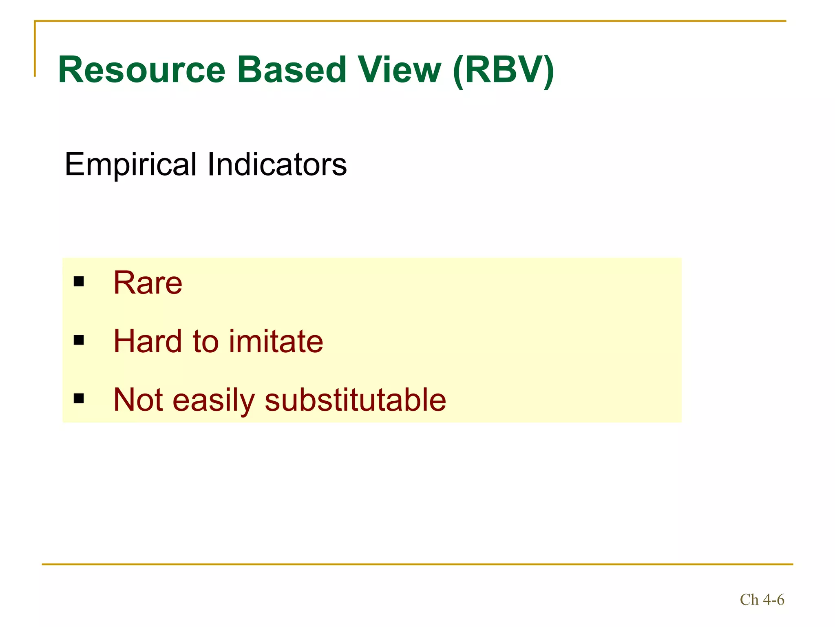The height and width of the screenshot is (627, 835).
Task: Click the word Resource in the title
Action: click(x=142, y=70)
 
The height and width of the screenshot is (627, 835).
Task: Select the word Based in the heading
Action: click(x=292, y=70)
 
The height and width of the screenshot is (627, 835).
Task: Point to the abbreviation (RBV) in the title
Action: click(x=504, y=71)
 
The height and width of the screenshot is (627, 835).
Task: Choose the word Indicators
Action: click(x=277, y=164)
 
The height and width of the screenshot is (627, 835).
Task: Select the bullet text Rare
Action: click(x=148, y=282)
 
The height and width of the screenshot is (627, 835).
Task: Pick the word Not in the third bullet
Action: click(x=138, y=400)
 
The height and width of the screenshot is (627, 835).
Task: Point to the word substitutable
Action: click(x=355, y=400)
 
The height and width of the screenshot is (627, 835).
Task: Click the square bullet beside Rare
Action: click(x=79, y=281)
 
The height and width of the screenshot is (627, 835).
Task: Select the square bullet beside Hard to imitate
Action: click(x=79, y=340)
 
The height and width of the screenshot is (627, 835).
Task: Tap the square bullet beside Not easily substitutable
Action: click(x=79, y=398)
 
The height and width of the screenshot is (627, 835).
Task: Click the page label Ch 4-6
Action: click(x=762, y=600)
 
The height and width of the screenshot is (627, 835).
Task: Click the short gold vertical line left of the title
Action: click(x=35, y=49)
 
